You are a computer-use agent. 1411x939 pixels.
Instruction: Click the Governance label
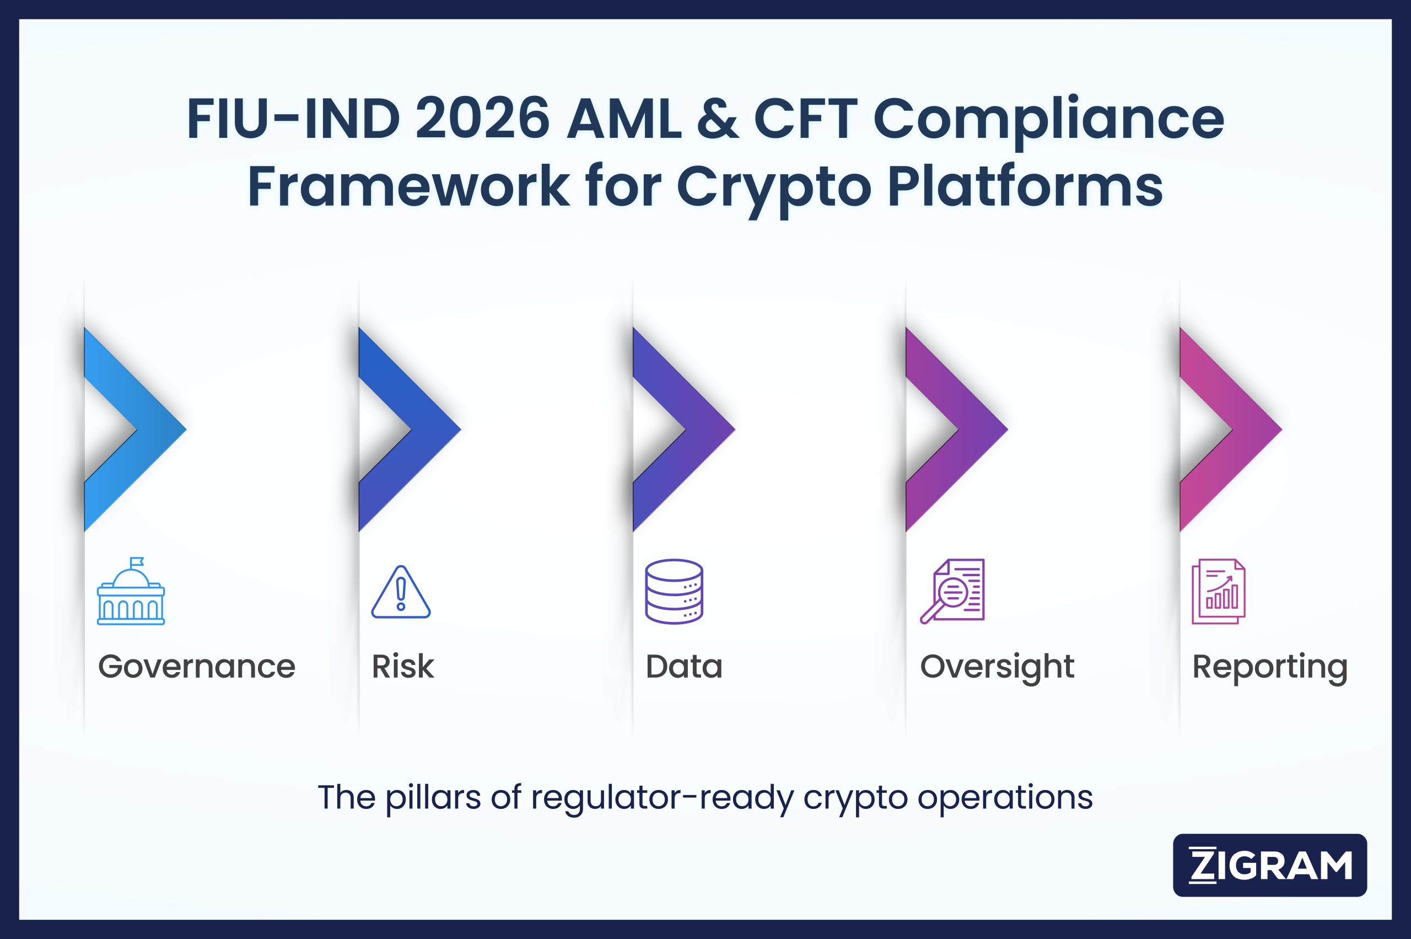tap(196, 667)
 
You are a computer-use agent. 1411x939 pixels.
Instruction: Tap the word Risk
tap(402, 667)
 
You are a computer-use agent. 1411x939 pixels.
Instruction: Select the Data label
tap(683, 667)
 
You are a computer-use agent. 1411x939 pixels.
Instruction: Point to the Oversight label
tap(997, 667)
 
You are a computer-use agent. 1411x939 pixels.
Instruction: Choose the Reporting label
tap(1270, 667)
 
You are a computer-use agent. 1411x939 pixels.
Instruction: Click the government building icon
tap(131, 592)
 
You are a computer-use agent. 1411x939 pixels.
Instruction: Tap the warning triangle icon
tap(401, 592)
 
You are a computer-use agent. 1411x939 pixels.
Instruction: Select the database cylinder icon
tap(674, 592)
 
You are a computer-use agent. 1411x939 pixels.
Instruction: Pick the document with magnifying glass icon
tap(952, 592)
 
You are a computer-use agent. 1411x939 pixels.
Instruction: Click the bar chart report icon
tap(1219, 592)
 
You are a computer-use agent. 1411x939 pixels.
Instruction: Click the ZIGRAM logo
tap(1270, 865)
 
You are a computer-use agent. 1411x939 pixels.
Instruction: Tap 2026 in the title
tap(482, 119)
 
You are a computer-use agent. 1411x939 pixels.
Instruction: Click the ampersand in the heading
tap(717, 119)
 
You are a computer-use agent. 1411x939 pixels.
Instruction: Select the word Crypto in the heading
tap(773, 187)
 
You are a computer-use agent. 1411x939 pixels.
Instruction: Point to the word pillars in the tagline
tap(433, 798)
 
